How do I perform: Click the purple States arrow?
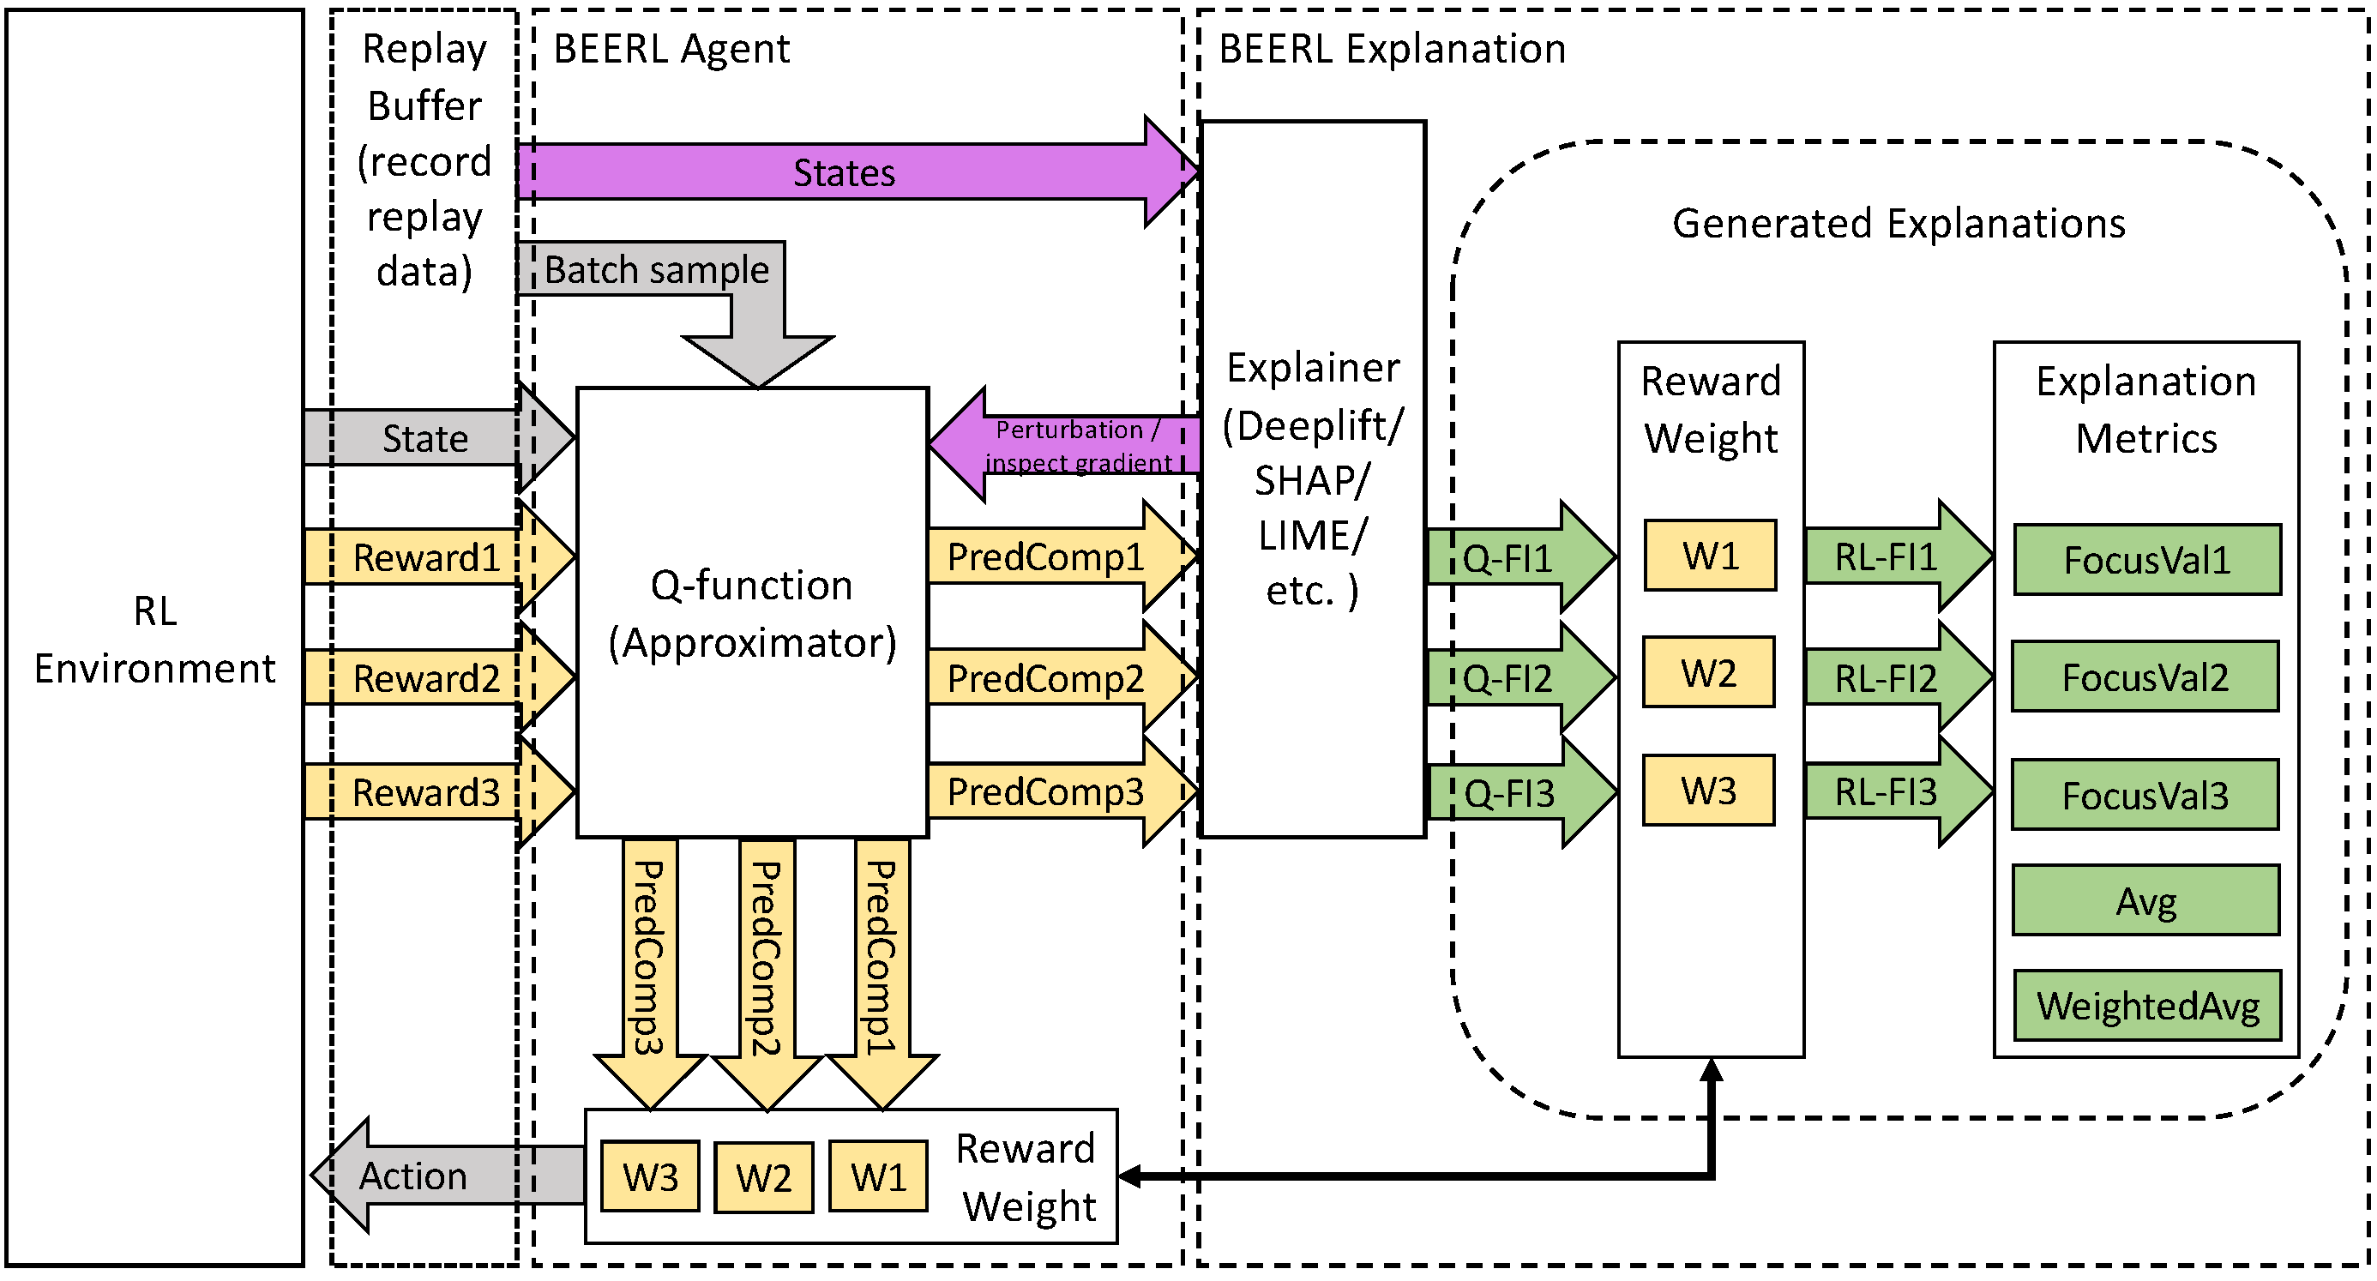[x=845, y=172]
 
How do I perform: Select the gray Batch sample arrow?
[x=657, y=270]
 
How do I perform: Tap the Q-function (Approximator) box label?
[x=752, y=614]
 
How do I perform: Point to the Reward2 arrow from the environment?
[x=426, y=678]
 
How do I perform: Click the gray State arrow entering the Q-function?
[x=426, y=438]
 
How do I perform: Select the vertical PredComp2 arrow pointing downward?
[x=766, y=959]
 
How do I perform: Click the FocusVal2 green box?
[x=2145, y=677]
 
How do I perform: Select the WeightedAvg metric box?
[x=2147, y=1006]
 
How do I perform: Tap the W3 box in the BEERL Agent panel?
[x=651, y=1176]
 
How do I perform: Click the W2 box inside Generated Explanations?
[x=1709, y=673]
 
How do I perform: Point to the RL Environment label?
[x=155, y=640]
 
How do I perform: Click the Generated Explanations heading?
[x=1899, y=223]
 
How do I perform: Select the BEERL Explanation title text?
[x=1393, y=49]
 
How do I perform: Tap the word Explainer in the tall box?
[x=1313, y=368]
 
